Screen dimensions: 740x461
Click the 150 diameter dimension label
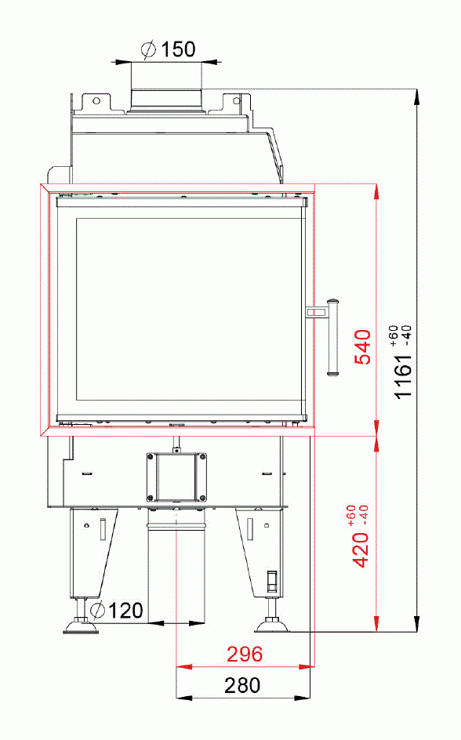(178, 49)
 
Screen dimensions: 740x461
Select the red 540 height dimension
(361, 346)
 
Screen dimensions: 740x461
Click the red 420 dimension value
(361, 546)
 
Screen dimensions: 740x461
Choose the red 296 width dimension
(245, 654)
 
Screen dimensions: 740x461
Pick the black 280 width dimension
(242, 685)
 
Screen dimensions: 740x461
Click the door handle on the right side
(332, 337)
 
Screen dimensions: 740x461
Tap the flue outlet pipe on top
(166, 93)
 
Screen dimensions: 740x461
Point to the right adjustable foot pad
(274, 625)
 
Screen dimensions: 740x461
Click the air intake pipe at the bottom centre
(176, 564)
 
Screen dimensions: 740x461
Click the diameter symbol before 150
(148, 49)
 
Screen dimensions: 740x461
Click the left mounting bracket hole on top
(96, 100)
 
